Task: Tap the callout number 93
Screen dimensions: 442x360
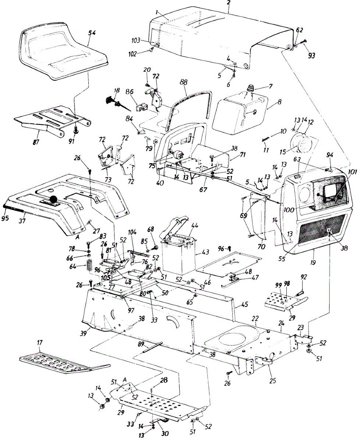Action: coord(311,55)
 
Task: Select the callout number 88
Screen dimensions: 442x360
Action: coord(183,83)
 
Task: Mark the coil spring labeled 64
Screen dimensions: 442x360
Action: coord(89,266)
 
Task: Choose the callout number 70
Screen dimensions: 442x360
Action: coord(261,247)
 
